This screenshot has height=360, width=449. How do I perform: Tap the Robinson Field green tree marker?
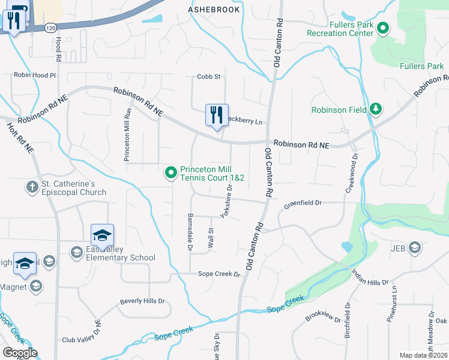[x=376, y=109]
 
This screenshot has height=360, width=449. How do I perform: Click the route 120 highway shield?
[x=51, y=28]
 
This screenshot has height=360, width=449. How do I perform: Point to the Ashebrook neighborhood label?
[x=214, y=10]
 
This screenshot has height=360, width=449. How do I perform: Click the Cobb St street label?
[x=209, y=76]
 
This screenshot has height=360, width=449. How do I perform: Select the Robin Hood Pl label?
[x=35, y=76]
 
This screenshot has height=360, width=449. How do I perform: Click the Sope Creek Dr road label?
[x=219, y=274]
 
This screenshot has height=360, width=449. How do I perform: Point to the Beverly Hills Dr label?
[x=142, y=301]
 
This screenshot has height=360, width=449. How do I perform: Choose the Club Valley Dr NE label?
[x=83, y=340]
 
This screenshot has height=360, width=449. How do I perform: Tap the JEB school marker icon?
[x=414, y=247]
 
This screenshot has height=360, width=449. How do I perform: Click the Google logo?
[x=20, y=353]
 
